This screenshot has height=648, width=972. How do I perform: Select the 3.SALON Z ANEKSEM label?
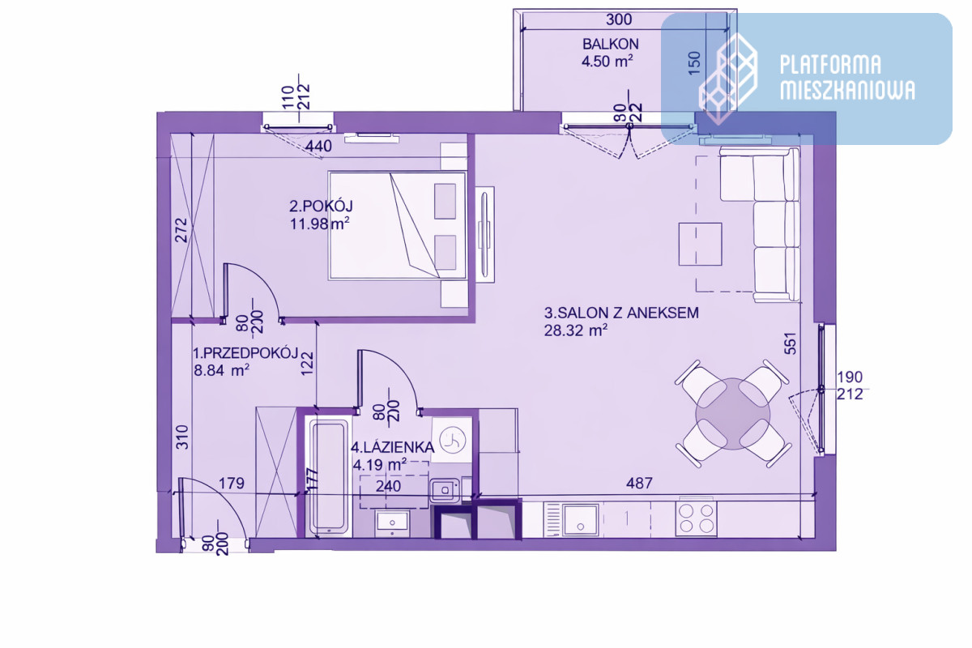[621, 313]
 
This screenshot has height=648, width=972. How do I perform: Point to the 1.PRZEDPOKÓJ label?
[245, 353]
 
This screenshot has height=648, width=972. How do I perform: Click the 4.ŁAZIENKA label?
[392, 447]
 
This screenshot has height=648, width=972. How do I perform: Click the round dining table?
[732, 414]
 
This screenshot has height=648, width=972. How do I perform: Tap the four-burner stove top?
[696, 518]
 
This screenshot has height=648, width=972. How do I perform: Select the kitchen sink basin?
[580, 519]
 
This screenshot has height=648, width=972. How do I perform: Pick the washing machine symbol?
[452, 440]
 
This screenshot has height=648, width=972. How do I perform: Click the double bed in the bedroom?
[397, 225]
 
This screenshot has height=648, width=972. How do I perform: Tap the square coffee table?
[701, 244]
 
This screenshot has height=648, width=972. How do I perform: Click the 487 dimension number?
[639, 484]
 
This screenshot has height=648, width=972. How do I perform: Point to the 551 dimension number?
[791, 343]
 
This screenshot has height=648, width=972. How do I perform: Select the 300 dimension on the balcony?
[619, 19]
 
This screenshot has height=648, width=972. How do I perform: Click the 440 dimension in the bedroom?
[319, 147]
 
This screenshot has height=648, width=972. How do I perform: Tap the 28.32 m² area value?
[575, 330]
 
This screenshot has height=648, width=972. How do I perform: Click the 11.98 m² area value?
[320, 224]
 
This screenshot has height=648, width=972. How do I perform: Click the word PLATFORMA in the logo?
[830, 64]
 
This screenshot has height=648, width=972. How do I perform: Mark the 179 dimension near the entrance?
[232, 484]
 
